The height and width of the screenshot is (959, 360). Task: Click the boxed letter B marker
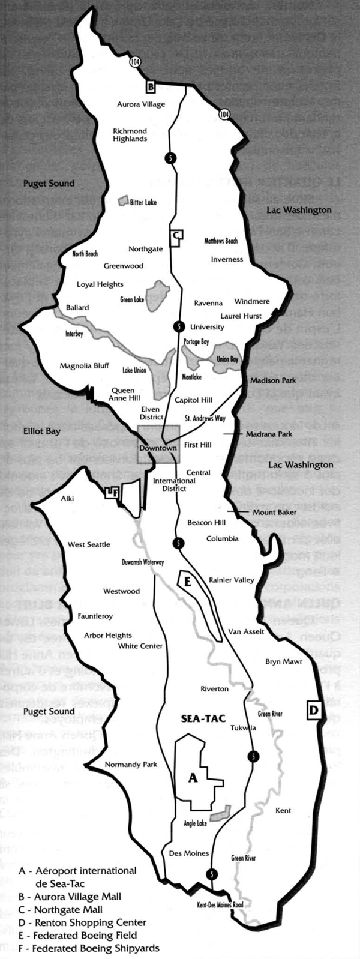click(151, 87)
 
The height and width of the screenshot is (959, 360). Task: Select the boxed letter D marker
click(313, 710)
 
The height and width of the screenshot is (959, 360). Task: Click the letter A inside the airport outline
click(193, 778)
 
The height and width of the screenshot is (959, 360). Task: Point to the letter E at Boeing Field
click(187, 581)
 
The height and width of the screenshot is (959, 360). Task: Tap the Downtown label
click(158, 448)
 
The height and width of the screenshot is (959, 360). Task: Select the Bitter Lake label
click(143, 202)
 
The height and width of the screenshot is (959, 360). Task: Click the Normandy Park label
click(131, 765)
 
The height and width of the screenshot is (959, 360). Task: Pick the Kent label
click(283, 810)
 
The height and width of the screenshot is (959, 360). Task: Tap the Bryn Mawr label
click(283, 661)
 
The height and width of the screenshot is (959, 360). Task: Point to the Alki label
click(67, 498)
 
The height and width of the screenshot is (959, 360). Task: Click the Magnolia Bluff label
click(85, 366)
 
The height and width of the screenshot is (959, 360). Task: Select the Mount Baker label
click(274, 512)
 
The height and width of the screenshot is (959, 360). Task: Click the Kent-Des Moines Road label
click(220, 904)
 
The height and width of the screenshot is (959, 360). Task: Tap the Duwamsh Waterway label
click(143, 562)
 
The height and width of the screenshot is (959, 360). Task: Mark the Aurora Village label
click(141, 104)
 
